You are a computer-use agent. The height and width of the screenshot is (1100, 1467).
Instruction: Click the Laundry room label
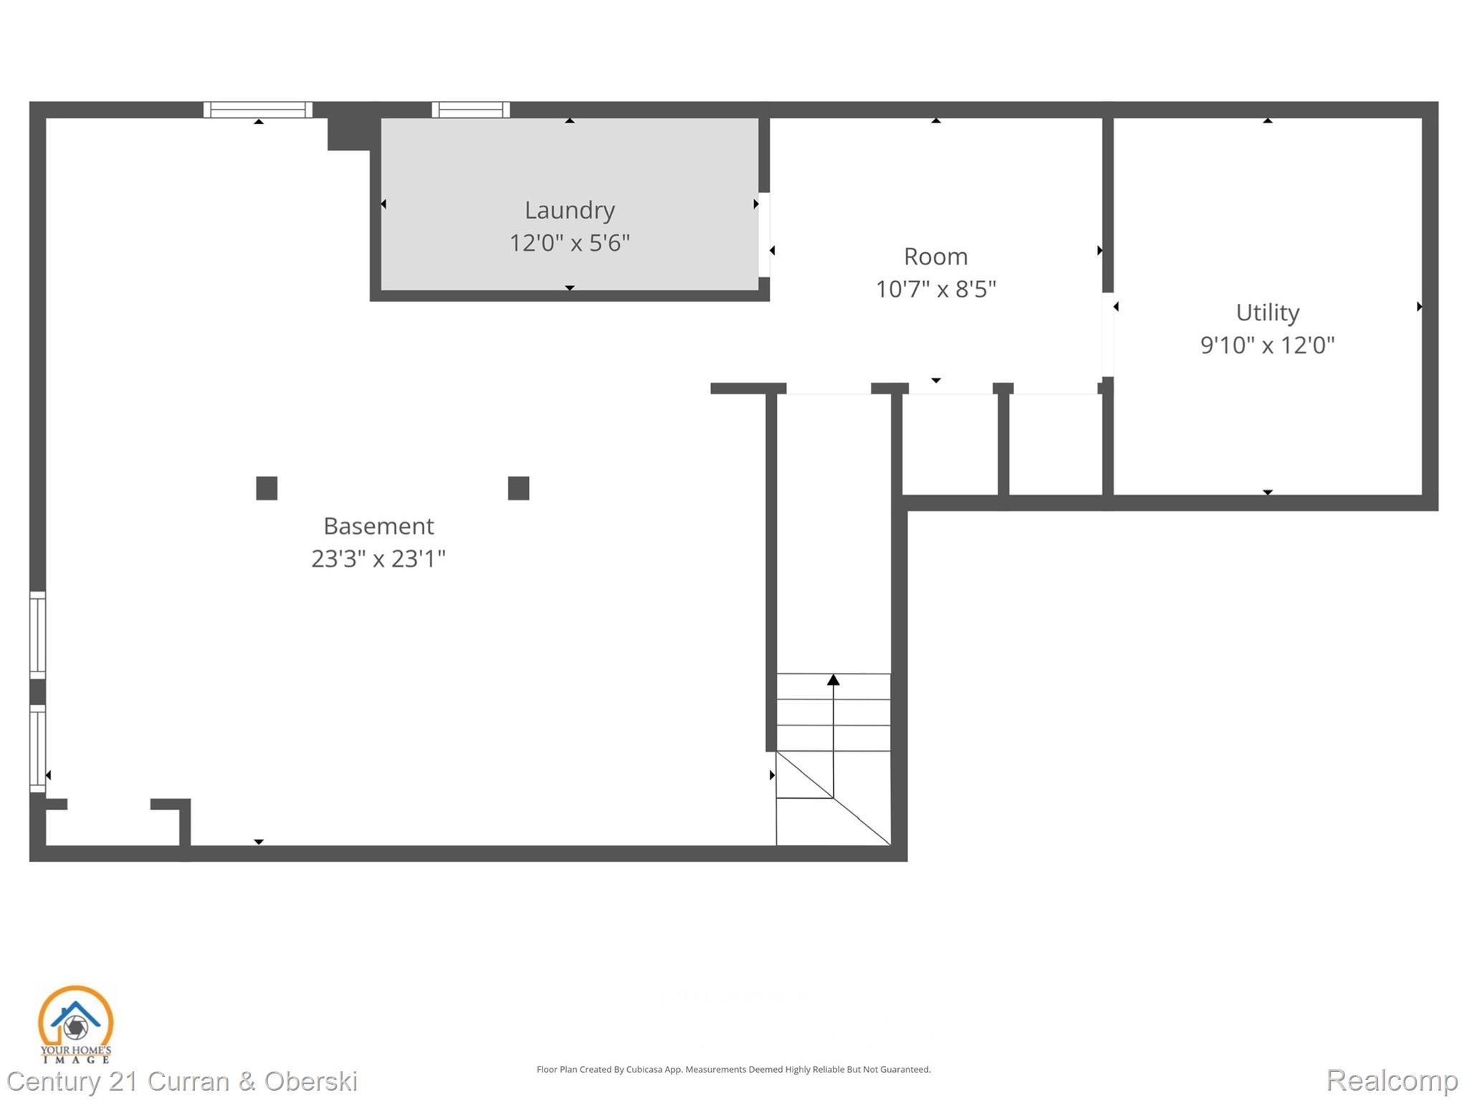(569, 210)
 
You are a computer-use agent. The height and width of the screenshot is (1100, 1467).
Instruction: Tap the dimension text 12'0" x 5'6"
(569, 243)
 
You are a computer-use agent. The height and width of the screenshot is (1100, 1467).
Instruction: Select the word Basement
(378, 526)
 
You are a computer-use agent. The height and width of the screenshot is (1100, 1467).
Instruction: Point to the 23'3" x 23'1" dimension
(378, 559)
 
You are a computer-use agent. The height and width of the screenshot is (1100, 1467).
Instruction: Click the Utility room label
(1267, 312)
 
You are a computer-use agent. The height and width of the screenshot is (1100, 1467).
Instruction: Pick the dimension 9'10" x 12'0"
(1267, 345)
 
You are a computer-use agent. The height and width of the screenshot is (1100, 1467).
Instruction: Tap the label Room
(935, 257)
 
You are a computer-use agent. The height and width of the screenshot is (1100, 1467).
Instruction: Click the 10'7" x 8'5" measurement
(935, 290)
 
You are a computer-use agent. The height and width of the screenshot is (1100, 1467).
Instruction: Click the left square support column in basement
(267, 488)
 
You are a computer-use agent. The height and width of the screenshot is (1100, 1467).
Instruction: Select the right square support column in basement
(518, 488)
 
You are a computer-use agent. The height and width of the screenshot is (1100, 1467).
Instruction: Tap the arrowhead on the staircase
(833, 679)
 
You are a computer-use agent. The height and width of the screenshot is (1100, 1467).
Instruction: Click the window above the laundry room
(471, 110)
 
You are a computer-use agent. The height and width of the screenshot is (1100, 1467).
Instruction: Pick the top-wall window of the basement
(258, 110)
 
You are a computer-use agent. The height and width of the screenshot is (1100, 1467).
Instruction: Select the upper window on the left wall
(37, 635)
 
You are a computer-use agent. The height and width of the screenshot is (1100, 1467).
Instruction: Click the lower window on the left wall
(37, 748)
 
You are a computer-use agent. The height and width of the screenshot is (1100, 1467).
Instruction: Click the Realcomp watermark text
(1391, 1080)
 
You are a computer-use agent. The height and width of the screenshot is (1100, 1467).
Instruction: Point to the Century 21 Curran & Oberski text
(182, 1081)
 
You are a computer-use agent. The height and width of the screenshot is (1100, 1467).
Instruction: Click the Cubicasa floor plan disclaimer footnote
(733, 1069)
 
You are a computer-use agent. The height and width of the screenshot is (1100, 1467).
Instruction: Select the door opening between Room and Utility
(1107, 335)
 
